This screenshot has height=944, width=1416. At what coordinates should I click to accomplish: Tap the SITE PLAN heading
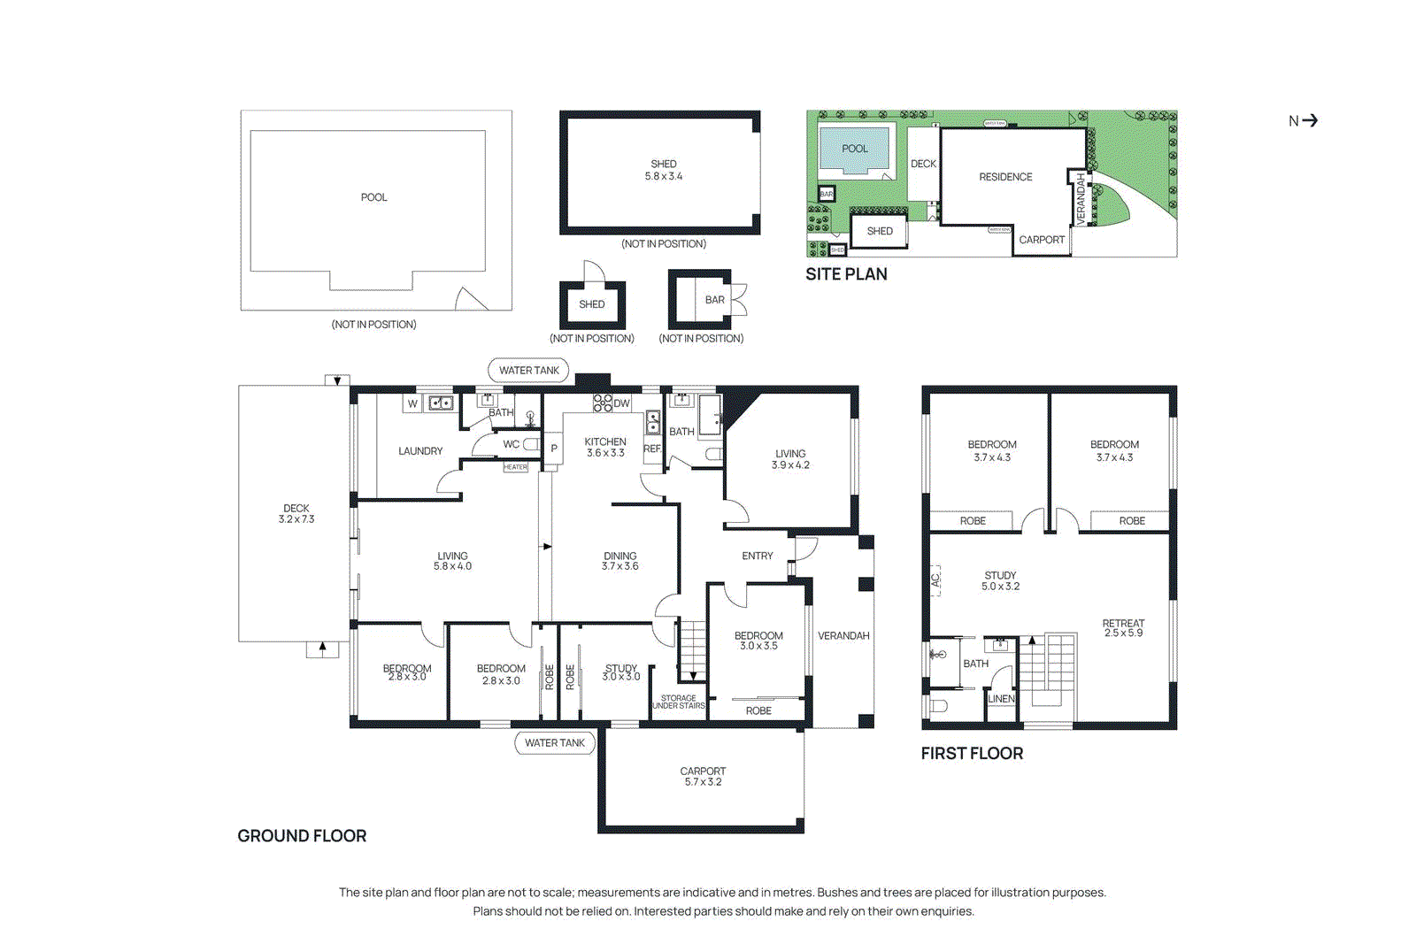pyautogui.click(x=846, y=274)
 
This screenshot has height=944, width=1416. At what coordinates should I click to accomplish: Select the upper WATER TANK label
pyautogui.click(x=528, y=371)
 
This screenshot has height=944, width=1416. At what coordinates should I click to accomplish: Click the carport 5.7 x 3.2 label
pyautogui.click(x=703, y=777)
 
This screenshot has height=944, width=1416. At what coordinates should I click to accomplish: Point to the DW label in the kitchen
pyautogui.click(x=621, y=403)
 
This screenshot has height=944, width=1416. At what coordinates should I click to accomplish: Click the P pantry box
pyautogui.click(x=554, y=449)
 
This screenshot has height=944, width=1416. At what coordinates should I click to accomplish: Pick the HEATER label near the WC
pyautogui.click(x=515, y=467)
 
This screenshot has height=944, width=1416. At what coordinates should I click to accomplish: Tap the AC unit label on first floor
pyautogui.click(x=935, y=580)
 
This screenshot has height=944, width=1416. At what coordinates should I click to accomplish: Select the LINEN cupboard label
pyautogui.click(x=1001, y=698)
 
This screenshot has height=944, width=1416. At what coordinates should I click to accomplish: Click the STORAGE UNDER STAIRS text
pyautogui.click(x=678, y=702)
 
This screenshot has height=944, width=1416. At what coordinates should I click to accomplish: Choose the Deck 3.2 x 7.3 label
pyautogui.click(x=296, y=514)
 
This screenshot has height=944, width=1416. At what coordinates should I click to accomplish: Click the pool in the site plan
pyautogui.click(x=854, y=149)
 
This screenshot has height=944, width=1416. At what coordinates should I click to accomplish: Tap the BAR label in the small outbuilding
pyautogui.click(x=714, y=300)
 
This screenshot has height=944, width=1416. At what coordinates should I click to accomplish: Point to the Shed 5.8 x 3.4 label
pyautogui.click(x=664, y=170)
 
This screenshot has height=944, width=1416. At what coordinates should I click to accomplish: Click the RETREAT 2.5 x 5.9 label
pyautogui.click(x=1123, y=628)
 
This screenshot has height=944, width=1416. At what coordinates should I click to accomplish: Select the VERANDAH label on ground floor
pyautogui.click(x=843, y=635)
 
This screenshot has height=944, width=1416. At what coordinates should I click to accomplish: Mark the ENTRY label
pyautogui.click(x=757, y=556)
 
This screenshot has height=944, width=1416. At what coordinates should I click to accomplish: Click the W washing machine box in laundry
pyautogui.click(x=412, y=403)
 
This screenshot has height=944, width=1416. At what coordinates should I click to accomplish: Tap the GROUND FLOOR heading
pyautogui.click(x=302, y=836)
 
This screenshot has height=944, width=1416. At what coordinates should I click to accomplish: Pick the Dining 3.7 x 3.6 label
pyautogui.click(x=619, y=561)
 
